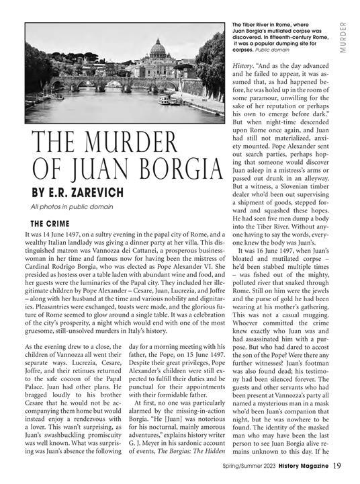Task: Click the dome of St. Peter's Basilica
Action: click(157, 48)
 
